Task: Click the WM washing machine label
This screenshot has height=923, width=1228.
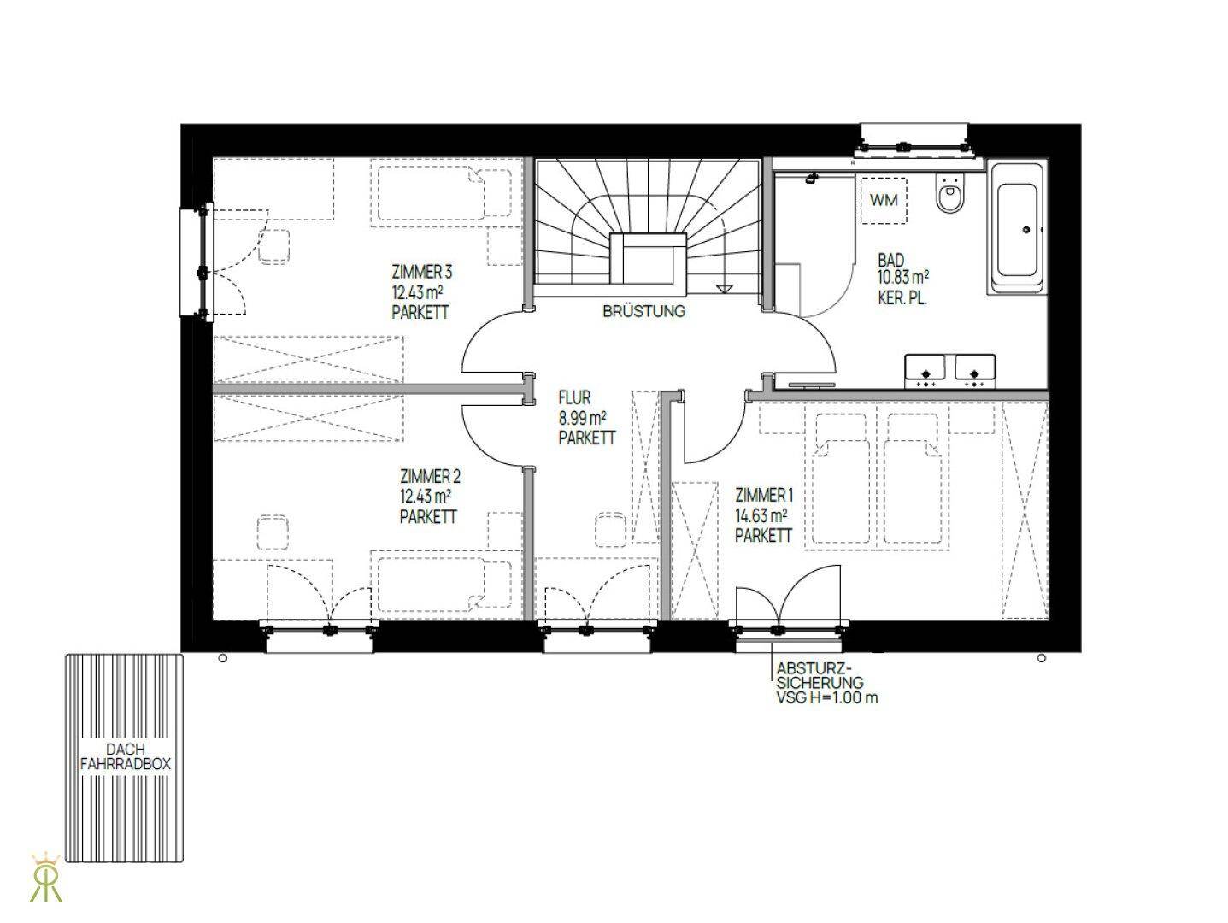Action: pyautogui.click(x=884, y=200)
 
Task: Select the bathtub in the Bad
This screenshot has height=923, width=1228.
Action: pyautogui.click(x=1017, y=228)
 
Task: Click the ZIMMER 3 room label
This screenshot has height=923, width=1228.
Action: pyautogui.click(x=422, y=273)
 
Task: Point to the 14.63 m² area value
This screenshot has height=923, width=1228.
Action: pyautogui.click(x=761, y=515)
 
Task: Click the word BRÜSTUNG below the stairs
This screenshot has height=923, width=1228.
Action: pyautogui.click(x=644, y=311)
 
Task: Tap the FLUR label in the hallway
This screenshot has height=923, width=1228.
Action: pyautogui.click(x=574, y=397)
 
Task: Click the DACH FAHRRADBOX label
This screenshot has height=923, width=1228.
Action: pyautogui.click(x=126, y=756)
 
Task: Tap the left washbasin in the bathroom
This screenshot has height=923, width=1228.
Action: pyautogui.click(x=925, y=372)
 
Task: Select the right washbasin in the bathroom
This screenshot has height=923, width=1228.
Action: pyautogui.click(x=974, y=372)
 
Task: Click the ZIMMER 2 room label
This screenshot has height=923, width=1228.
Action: pyautogui.click(x=430, y=477)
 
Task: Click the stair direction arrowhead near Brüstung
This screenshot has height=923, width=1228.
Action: pyautogui.click(x=725, y=289)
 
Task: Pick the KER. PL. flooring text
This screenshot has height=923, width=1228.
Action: pyautogui.click(x=902, y=298)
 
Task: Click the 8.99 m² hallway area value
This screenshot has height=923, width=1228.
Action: pyautogui.click(x=583, y=418)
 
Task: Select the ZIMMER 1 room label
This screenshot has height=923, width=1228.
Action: pyautogui.click(x=764, y=495)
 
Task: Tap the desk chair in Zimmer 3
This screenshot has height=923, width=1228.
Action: pyautogui.click(x=274, y=247)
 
